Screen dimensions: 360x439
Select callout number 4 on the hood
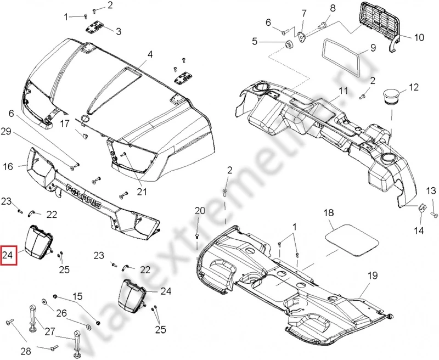coord(149,54)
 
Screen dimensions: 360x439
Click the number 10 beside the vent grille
coord(419,38)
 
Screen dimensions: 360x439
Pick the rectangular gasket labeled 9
coord(341,58)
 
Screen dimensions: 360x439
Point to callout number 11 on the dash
coord(343,91)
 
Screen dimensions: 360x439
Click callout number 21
coord(142,192)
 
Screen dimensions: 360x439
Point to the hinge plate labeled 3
coord(97,27)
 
